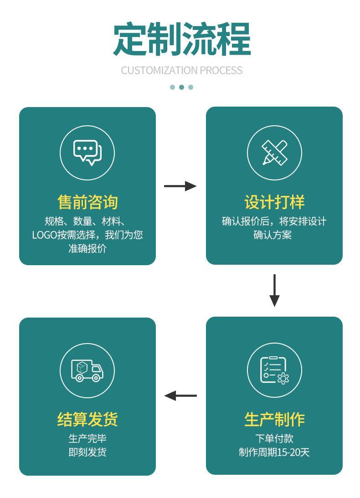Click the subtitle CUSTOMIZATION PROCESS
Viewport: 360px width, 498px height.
click(182, 70)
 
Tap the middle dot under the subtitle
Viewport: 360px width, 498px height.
click(181, 87)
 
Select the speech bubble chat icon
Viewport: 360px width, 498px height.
click(87, 153)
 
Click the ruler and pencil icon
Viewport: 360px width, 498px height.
click(274, 153)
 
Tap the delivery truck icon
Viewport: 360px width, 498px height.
click(87, 370)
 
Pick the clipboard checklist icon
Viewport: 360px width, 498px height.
click(274, 370)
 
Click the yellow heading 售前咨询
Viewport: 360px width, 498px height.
click(87, 202)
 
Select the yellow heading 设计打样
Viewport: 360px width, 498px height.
click(274, 202)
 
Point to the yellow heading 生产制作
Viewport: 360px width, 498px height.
click(274, 419)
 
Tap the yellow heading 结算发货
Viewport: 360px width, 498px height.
click(87, 419)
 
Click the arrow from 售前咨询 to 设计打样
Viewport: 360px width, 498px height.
click(180, 186)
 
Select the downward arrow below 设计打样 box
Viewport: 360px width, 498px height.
click(274, 290)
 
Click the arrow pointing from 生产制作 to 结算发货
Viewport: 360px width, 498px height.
click(180, 395)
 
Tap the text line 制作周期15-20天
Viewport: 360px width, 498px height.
click(274, 452)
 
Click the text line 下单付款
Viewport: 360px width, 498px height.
click(274, 439)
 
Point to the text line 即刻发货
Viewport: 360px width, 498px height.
click(87, 452)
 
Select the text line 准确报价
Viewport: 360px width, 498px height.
click(87, 249)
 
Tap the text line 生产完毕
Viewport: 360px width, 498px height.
click(87, 439)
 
